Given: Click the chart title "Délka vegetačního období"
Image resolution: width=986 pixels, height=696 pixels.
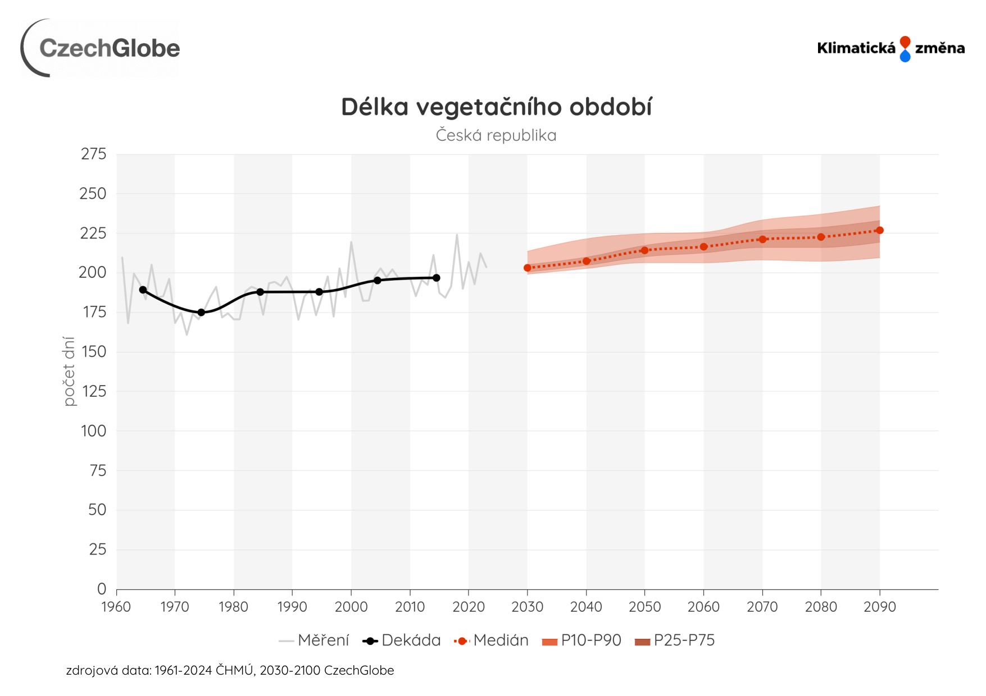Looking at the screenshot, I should click(x=496, y=107).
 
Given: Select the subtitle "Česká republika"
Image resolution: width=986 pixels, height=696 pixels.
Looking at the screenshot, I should click(x=496, y=135).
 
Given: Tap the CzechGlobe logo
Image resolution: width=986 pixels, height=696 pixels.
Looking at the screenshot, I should click(x=101, y=48).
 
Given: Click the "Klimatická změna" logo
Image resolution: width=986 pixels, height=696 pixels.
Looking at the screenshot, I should click(x=890, y=48).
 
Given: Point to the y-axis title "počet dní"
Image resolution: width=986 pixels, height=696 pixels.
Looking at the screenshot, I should click(x=69, y=371).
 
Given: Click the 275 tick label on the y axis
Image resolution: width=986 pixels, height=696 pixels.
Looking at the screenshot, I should click(x=93, y=154).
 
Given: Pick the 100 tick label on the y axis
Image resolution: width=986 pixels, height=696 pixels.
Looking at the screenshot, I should click(x=93, y=431).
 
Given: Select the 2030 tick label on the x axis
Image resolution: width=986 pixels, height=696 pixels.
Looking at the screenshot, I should click(x=527, y=607).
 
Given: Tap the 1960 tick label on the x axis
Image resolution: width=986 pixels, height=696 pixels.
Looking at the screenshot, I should click(x=116, y=607).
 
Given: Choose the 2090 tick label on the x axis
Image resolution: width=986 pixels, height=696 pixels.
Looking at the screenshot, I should click(x=879, y=607).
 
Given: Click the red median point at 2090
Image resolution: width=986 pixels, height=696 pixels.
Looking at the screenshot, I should click(x=880, y=230).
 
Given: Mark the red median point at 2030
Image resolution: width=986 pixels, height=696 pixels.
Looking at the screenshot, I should click(x=527, y=268).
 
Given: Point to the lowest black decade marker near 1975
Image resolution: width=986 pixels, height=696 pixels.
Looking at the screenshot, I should click(x=201, y=312).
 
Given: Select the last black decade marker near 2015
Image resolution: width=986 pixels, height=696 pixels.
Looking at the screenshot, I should click(x=437, y=278).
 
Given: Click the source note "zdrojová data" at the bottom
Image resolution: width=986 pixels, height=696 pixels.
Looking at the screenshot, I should click(x=230, y=670).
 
